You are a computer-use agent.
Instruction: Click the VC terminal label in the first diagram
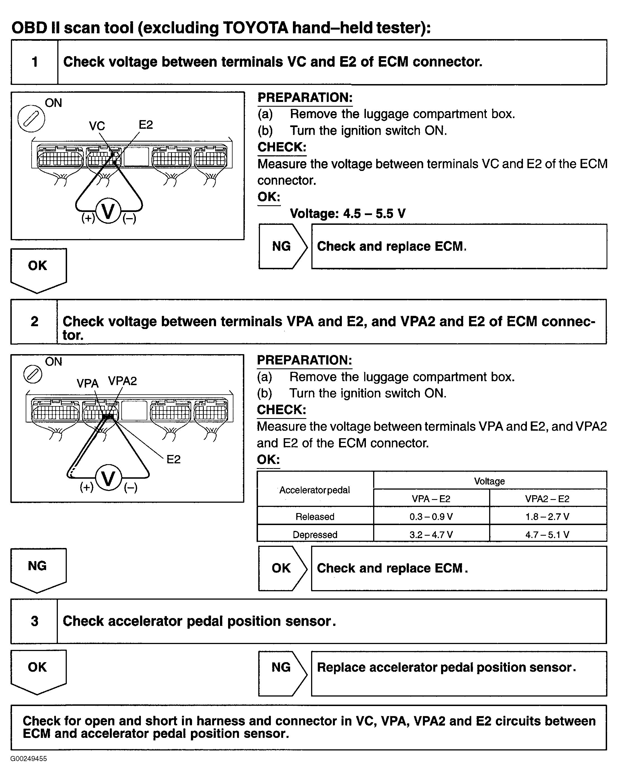coord(97,126)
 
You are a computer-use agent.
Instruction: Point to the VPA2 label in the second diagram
coord(122,381)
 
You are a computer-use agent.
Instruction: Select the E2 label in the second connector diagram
coord(173,459)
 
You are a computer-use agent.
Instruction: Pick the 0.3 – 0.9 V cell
coord(431,516)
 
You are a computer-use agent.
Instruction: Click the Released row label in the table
coord(315,516)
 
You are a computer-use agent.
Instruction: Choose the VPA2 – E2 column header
coord(548,499)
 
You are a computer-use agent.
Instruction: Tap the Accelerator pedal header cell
coord(315,490)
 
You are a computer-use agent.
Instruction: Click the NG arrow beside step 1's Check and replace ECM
coord(283,247)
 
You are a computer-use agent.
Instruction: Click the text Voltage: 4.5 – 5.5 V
coord(347,214)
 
